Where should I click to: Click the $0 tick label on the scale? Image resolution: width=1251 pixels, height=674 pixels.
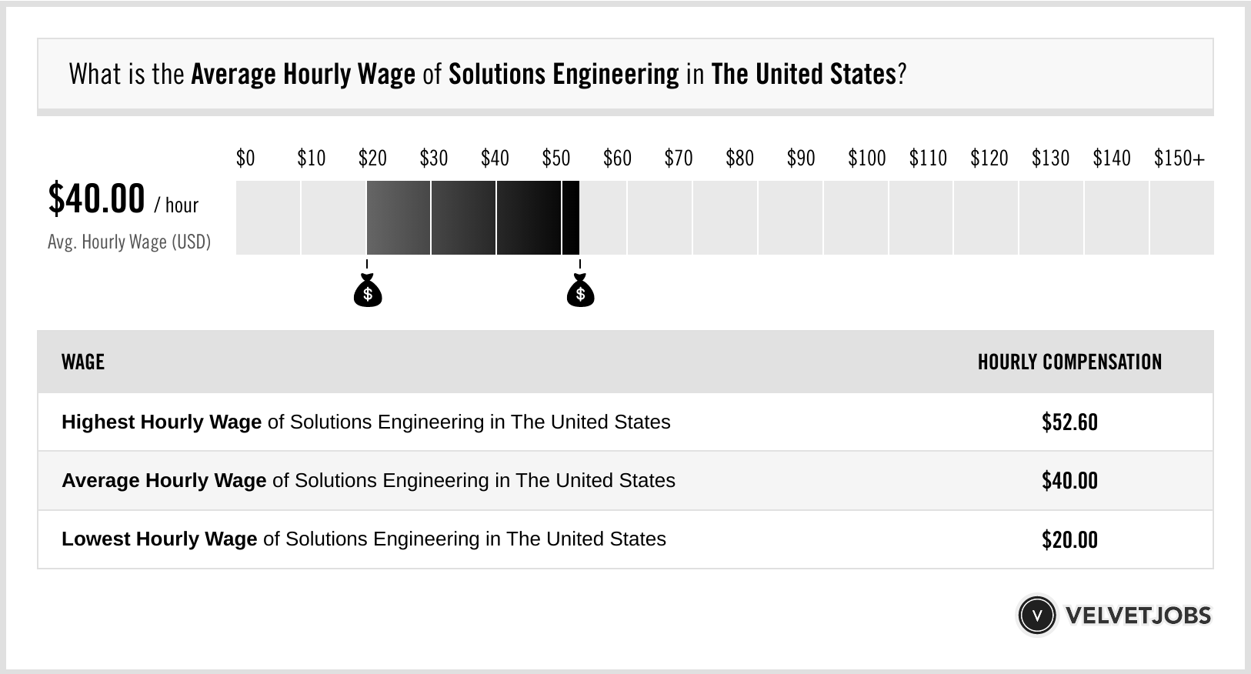click(x=245, y=158)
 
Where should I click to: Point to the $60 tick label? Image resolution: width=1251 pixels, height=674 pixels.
click(x=617, y=158)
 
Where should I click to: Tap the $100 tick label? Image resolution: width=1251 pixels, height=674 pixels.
click(x=866, y=158)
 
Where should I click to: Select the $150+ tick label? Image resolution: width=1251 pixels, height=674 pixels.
click(x=1179, y=158)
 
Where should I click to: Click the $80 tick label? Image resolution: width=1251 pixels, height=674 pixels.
click(x=739, y=158)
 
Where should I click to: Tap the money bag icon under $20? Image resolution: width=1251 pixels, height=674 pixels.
click(x=368, y=291)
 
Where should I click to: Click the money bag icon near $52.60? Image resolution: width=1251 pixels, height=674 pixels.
click(x=580, y=291)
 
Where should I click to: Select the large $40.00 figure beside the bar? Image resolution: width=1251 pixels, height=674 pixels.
click(x=96, y=199)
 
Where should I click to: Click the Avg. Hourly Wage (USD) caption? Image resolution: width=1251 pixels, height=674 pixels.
click(x=129, y=242)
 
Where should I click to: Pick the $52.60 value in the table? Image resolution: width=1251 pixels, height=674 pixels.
click(x=1069, y=422)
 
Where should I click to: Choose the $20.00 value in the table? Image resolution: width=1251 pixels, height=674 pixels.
click(x=1069, y=539)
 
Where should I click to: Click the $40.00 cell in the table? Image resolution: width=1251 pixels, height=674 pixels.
click(x=1069, y=481)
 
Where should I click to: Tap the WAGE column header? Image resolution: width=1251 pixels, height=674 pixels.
click(x=83, y=362)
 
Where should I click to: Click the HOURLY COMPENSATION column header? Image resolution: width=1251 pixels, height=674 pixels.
click(x=1069, y=362)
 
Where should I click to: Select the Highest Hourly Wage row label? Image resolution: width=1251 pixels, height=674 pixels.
click(x=162, y=422)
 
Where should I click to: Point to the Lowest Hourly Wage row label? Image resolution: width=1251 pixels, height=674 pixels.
click(x=159, y=539)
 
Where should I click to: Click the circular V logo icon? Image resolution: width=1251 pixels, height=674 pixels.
click(x=1036, y=616)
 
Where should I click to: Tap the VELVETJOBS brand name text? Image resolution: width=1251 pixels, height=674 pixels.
click(x=1138, y=616)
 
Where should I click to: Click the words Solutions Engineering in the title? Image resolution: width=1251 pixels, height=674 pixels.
click(x=563, y=75)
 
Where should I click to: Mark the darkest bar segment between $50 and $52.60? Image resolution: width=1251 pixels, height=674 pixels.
click(x=570, y=218)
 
